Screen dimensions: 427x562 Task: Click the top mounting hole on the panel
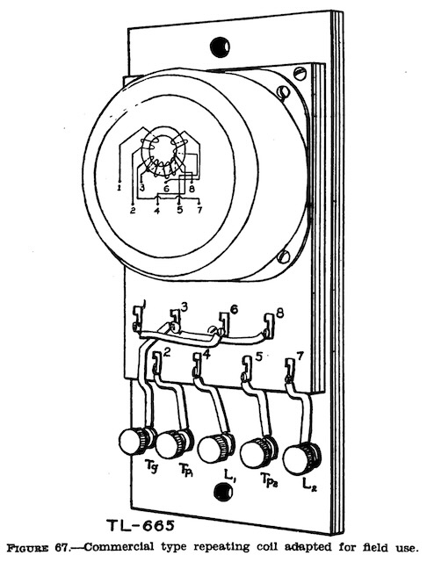pyautogui.click(x=220, y=46)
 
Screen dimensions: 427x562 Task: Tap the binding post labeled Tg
pyautogui.click(x=136, y=439)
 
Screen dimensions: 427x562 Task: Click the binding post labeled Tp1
pyautogui.click(x=176, y=443)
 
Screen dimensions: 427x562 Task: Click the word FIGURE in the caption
pyautogui.click(x=29, y=548)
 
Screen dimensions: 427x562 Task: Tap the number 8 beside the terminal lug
pyautogui.click(x=280, y=313)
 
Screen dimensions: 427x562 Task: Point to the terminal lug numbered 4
pyautogui.click(x=197, y=364)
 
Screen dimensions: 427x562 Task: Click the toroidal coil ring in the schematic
pyautogui.click(x=163, y=152)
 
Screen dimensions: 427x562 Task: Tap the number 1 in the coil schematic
pyautogui.click(x=120, y=187)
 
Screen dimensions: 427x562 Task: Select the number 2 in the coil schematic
pyautogui.click(x=133, y=211)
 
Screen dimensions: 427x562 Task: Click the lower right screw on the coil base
pyautogui.click(x=284, y=256)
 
